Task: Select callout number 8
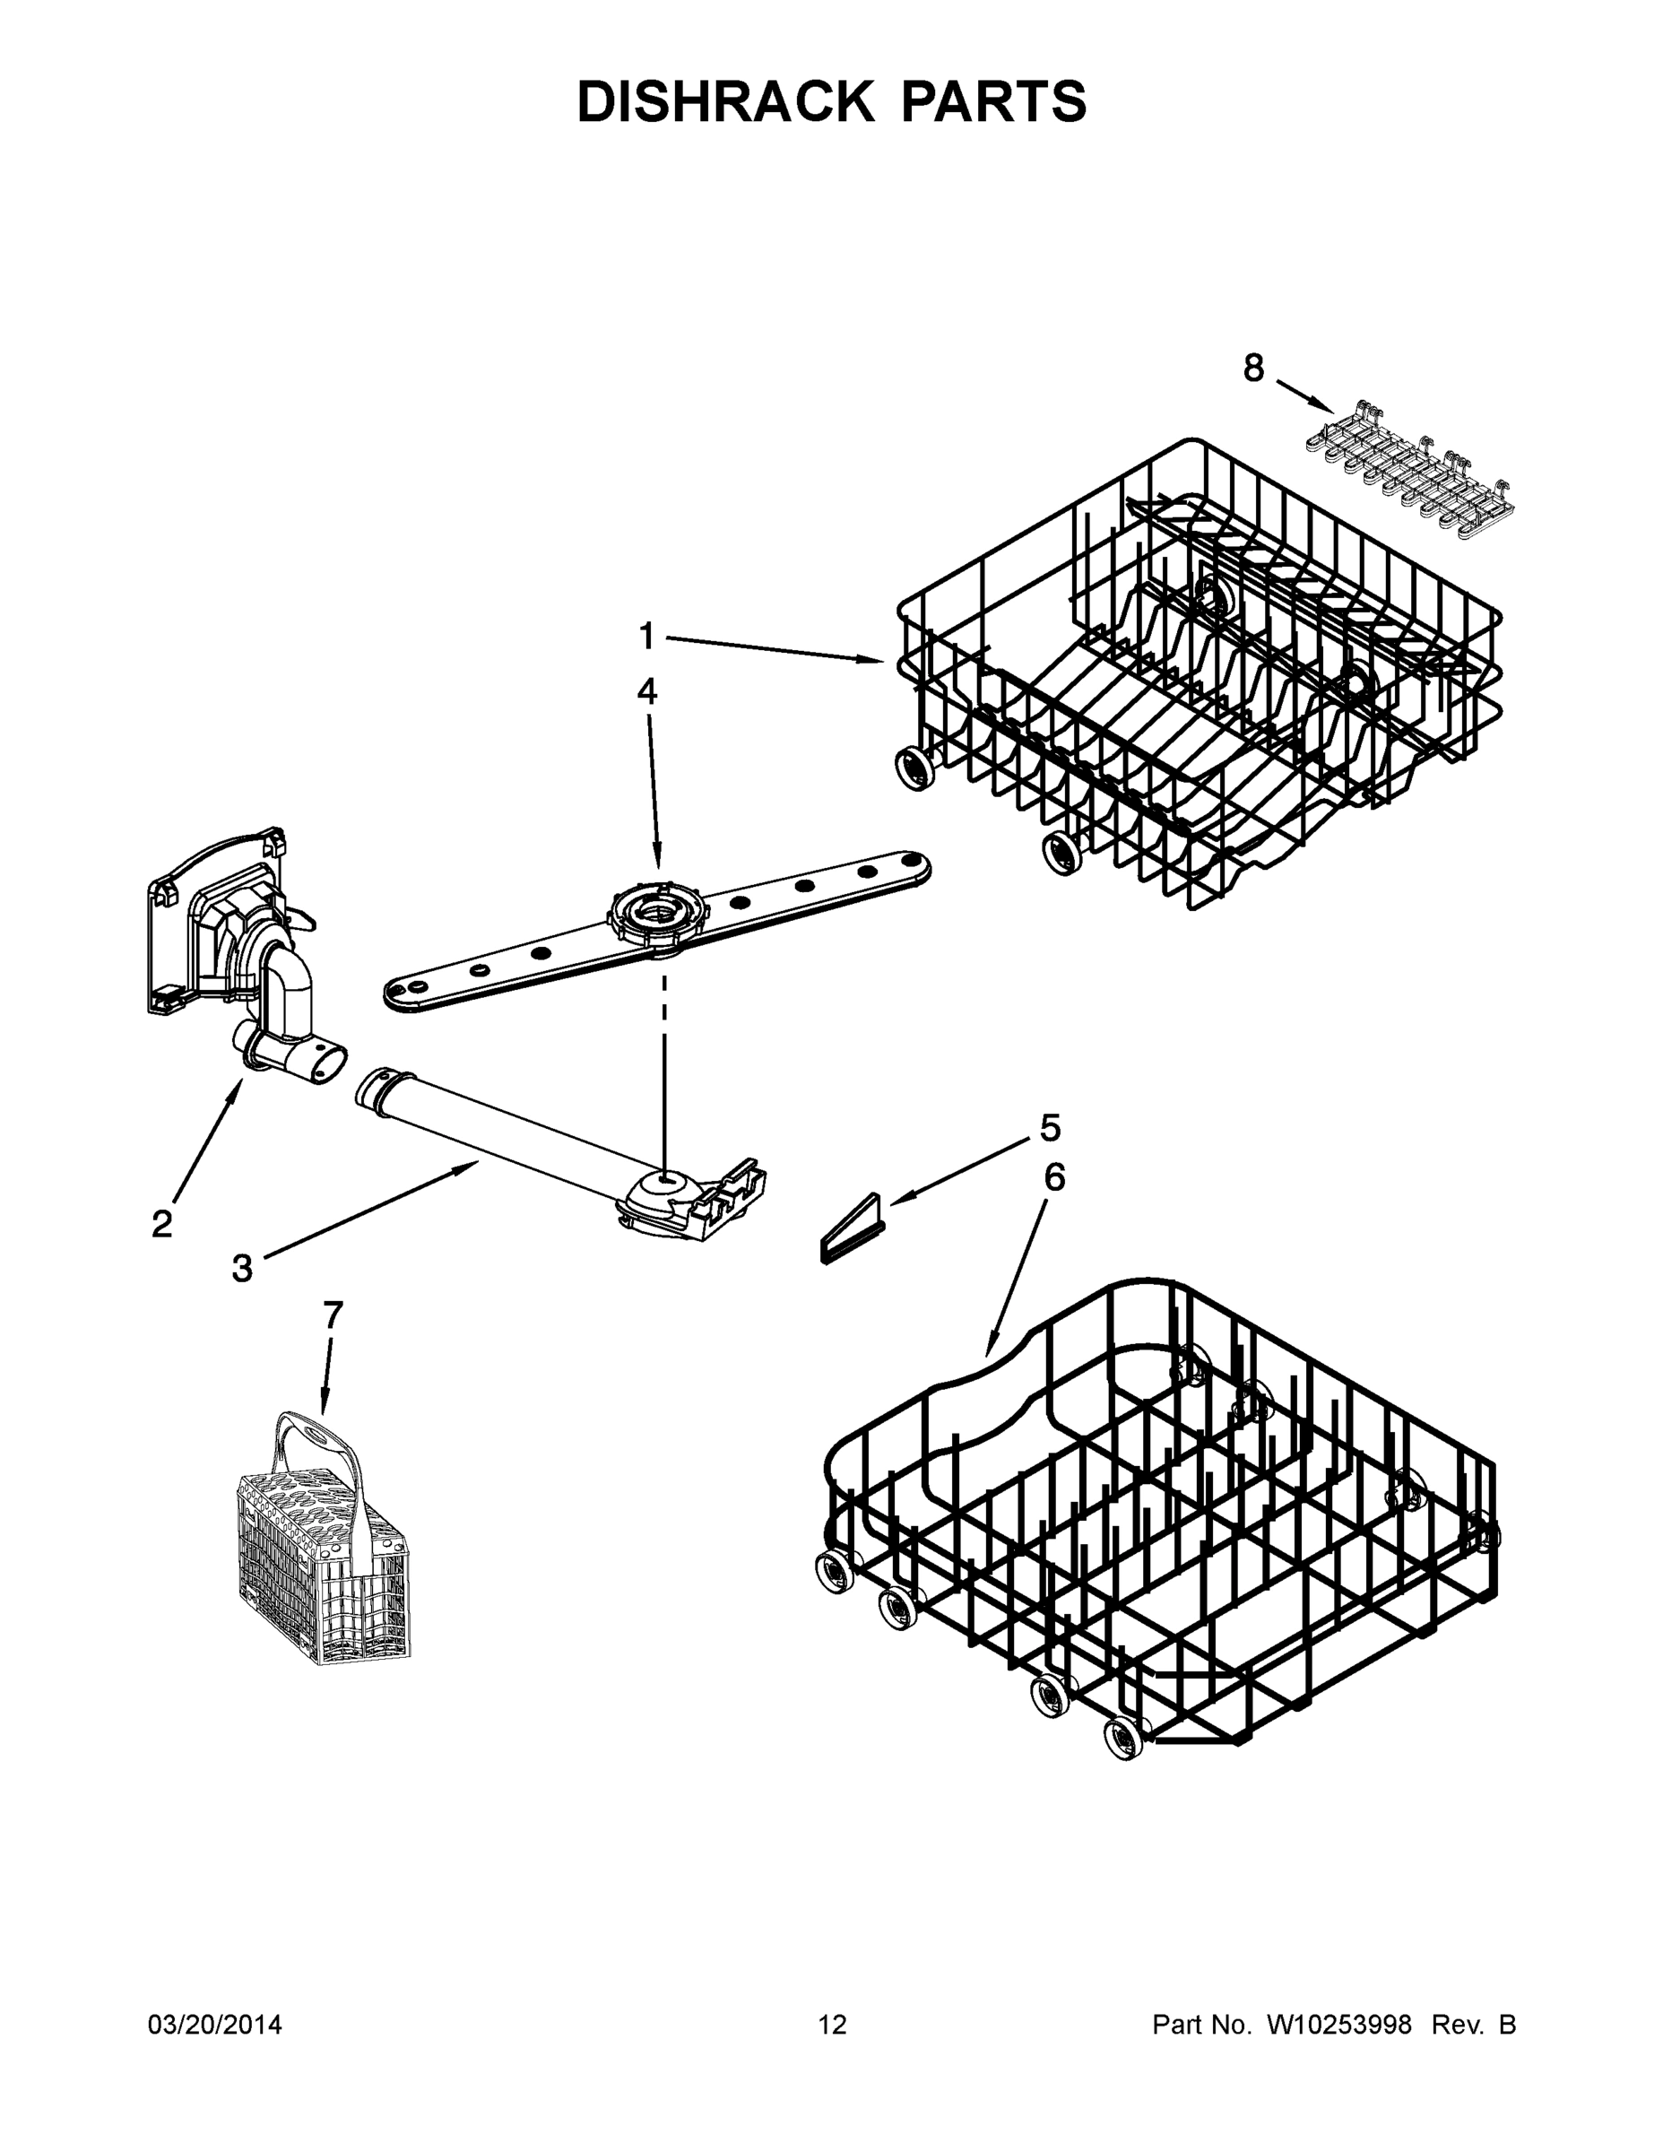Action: tap(1252, 369)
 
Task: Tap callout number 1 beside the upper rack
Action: tap(646, 636)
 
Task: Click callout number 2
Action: tap(161, 1224)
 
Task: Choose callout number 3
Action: tap(242, 1268)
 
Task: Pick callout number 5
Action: tap(1050, 1128)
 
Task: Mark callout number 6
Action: tap(1054, 1177)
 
